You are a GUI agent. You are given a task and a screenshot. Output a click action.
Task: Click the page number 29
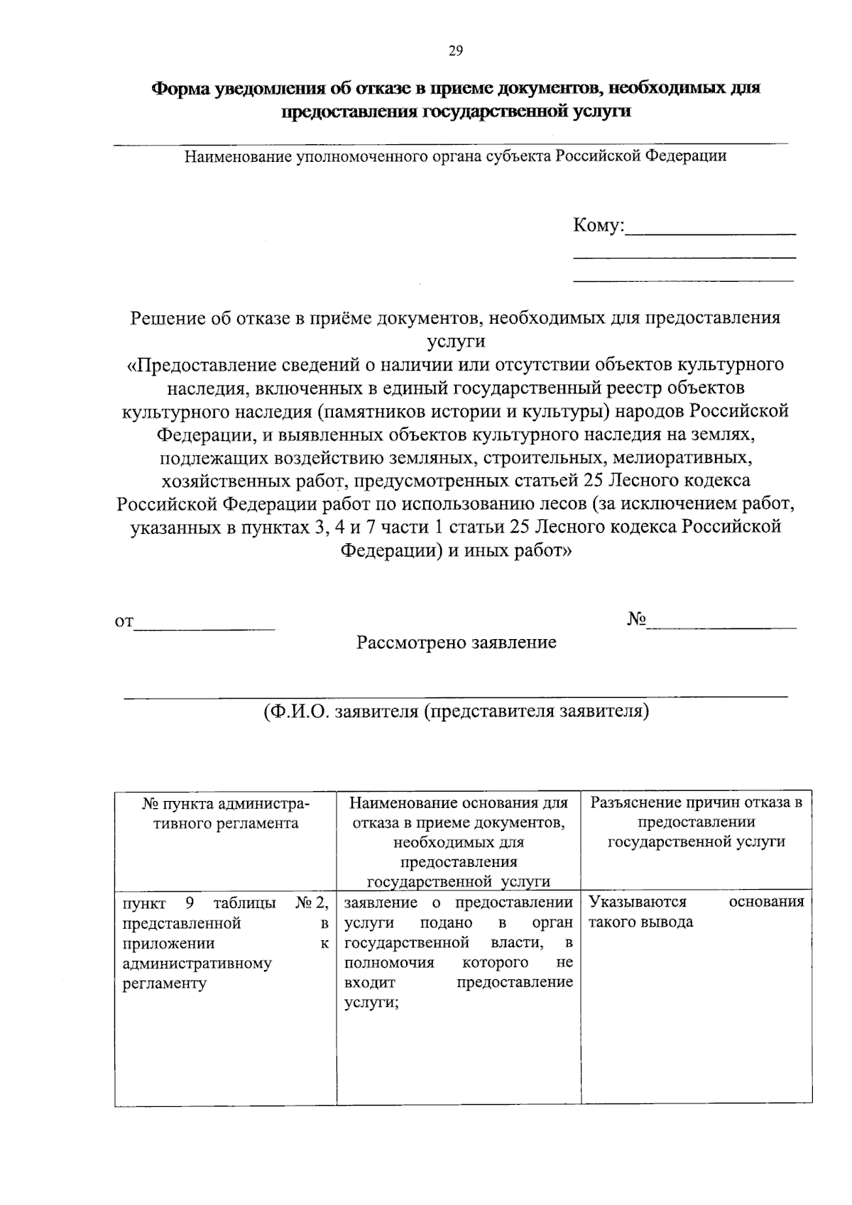coord(455,50)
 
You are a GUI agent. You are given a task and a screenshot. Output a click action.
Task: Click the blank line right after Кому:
coord(710,231)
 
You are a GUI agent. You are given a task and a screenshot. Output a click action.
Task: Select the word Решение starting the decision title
coord(166,318)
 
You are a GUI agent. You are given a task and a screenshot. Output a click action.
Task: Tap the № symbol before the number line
coord(636,619)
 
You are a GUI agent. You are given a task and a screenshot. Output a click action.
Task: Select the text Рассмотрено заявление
coord(456,643)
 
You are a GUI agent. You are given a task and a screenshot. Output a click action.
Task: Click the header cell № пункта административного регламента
coord(226,814)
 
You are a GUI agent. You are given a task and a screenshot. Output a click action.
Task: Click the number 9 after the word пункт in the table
coord(190,903)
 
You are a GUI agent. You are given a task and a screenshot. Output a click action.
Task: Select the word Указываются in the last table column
coord(638,903)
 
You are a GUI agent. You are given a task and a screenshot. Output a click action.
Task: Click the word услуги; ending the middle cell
coord(371,1003)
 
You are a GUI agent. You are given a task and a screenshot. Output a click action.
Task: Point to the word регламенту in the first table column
coord(164,983)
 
